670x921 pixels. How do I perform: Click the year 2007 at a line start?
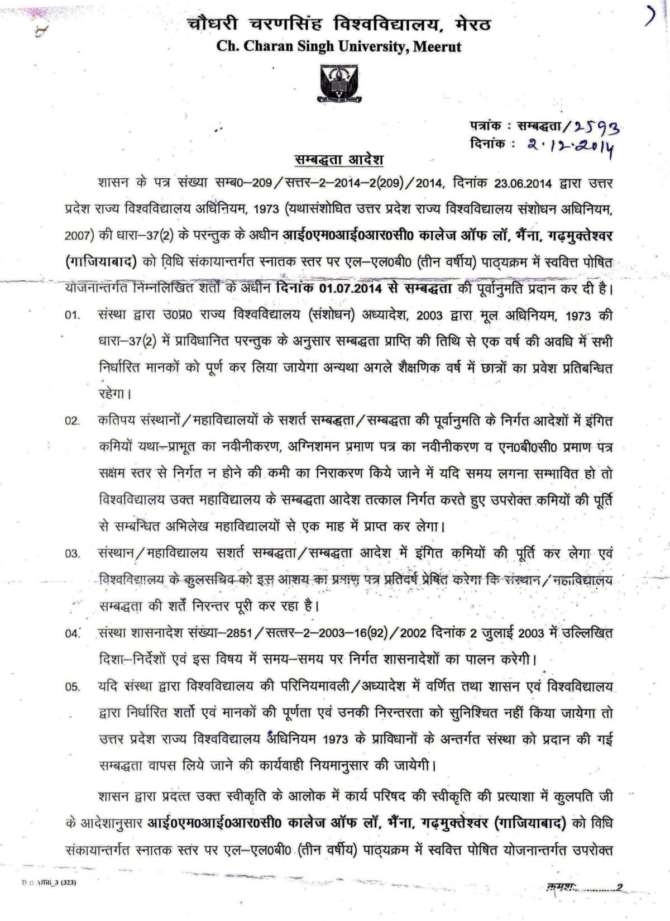[74, 236]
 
